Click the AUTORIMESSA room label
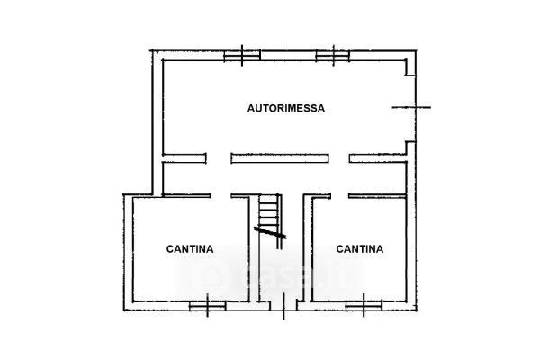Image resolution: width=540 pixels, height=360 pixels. [286, 108]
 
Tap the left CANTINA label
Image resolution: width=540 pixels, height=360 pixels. [190, 249]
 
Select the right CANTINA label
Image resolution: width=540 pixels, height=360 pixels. [359, 249]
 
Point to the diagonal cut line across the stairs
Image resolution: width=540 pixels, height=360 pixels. [270, 232]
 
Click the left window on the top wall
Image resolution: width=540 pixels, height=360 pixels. [242, 56]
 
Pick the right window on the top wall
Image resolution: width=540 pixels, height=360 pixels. [333, 56]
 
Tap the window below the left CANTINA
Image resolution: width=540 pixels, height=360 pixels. [208, 306]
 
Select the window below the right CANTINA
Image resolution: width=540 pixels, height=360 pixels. [364, 306]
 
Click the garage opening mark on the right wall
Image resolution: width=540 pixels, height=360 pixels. [411, 107]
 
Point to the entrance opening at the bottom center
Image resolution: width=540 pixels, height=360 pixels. [283, 305]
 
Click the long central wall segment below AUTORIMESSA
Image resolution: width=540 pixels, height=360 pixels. [280, 158]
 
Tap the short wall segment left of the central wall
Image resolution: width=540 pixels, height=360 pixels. [184, 158]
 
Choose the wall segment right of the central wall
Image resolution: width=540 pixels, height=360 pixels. [378, 158]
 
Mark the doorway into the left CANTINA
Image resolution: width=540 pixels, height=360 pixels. [220, 196]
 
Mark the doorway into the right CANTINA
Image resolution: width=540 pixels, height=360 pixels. [339, 196]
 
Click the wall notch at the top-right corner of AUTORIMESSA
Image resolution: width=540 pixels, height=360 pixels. [410, 67]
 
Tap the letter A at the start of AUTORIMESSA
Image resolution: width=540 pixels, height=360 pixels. [251, 108]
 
